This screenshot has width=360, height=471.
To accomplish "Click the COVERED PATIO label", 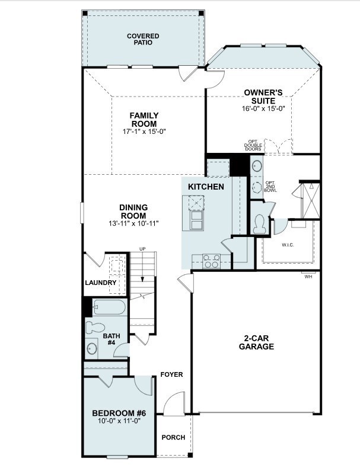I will (143, 40).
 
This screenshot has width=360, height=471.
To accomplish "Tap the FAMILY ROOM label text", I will (144, 120).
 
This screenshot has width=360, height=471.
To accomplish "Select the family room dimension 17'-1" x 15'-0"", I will (144, 131).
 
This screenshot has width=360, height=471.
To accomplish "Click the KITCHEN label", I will (206, 187).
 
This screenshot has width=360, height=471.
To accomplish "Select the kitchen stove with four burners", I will (211, 261).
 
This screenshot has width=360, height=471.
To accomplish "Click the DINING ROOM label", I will (133, 212).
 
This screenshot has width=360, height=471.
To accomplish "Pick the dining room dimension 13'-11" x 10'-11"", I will (133, 223).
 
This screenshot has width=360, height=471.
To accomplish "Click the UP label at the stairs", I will (142, 249).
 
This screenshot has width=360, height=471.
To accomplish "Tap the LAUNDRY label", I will (100, 283).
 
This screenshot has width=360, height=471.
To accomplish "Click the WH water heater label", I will (308, 277).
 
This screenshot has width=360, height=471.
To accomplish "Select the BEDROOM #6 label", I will (119, 413).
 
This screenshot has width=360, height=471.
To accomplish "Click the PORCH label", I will (173, 438).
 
